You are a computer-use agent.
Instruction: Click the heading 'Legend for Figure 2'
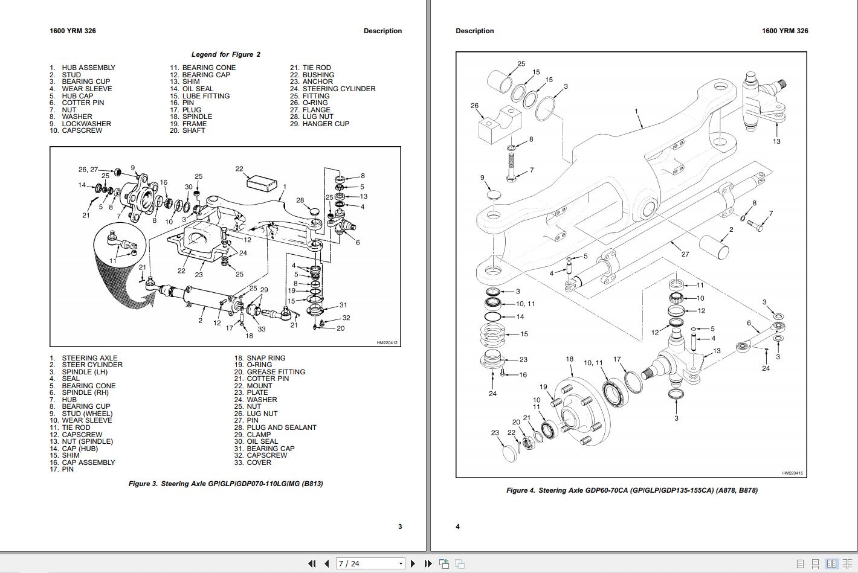226,54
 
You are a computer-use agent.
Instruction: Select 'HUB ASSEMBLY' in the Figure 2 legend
88,68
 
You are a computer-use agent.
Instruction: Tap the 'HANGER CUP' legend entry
326,124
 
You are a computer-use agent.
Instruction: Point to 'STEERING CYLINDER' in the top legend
338,89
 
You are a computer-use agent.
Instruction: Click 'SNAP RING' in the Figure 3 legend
266,358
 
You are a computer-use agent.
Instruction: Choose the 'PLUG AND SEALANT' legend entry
281,427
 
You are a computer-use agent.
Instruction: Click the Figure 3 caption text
225,484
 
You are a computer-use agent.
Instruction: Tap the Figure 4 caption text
631,490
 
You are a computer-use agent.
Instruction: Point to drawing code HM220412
387,343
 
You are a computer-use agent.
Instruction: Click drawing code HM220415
792,473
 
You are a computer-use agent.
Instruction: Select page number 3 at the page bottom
399,527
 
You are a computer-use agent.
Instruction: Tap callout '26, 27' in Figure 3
88,170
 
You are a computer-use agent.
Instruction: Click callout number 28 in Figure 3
300,200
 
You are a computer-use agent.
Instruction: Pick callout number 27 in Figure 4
685,254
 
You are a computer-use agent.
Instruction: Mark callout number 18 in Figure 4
569,359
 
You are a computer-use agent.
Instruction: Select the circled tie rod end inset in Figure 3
120,248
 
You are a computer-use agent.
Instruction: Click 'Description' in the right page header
474,31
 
